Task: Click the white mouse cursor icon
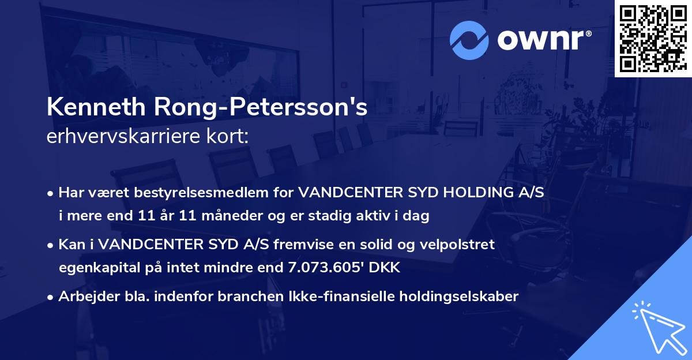tap(657, 329)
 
